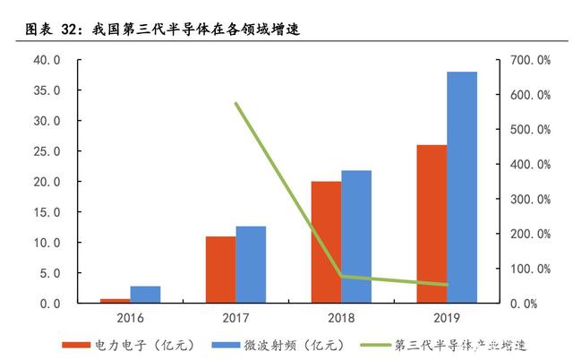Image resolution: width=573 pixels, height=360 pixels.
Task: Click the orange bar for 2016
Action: point(115,301)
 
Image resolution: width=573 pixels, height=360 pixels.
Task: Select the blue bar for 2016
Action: point(145,295)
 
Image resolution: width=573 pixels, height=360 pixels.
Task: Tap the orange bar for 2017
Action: point(221,270)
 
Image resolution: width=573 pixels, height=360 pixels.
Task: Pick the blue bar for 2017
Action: point(251,264)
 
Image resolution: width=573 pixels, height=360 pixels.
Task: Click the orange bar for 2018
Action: point(326,243)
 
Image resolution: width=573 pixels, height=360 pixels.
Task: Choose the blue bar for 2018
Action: point(356,236)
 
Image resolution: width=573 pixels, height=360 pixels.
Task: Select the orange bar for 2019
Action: point(432,224)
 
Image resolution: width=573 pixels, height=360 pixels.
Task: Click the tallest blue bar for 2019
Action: point(462,187)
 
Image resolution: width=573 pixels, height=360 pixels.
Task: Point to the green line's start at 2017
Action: point(236,103)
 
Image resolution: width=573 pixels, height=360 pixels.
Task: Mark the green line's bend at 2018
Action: point(342,277)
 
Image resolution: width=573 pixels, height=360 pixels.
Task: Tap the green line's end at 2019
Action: point(447,285)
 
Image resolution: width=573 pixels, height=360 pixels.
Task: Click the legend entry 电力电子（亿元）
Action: point(128,345)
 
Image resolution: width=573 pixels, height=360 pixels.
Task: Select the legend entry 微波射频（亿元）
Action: point(278,345)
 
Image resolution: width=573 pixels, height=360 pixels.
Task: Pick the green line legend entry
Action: point(443,345)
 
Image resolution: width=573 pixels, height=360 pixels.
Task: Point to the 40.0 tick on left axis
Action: point(47,60)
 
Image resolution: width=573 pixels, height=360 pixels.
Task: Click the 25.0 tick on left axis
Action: point(47,151)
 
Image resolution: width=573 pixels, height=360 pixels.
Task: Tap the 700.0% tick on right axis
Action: point(530,60)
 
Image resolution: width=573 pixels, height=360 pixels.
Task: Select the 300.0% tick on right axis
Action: point(530,199)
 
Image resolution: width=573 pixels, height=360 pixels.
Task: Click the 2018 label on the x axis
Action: point(341,318)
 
